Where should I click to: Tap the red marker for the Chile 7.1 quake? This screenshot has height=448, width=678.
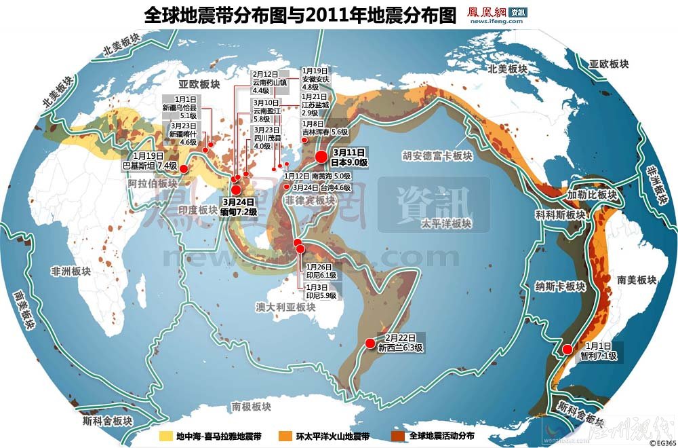point(567,350)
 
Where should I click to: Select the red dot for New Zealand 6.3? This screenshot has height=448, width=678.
point(370,343)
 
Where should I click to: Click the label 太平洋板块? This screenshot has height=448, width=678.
point(445,223)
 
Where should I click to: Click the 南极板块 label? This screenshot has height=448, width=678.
point(251,407)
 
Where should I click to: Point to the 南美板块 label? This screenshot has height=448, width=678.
point(632,280)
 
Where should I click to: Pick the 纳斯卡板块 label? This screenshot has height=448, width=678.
point(559,286)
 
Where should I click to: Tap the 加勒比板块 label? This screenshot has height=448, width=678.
point(593,195)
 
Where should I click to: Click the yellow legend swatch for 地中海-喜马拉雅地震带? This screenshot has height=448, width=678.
point(165,435)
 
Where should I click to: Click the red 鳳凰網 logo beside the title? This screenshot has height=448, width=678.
point(487,12)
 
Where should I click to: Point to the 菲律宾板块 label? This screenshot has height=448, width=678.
point(310,200)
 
